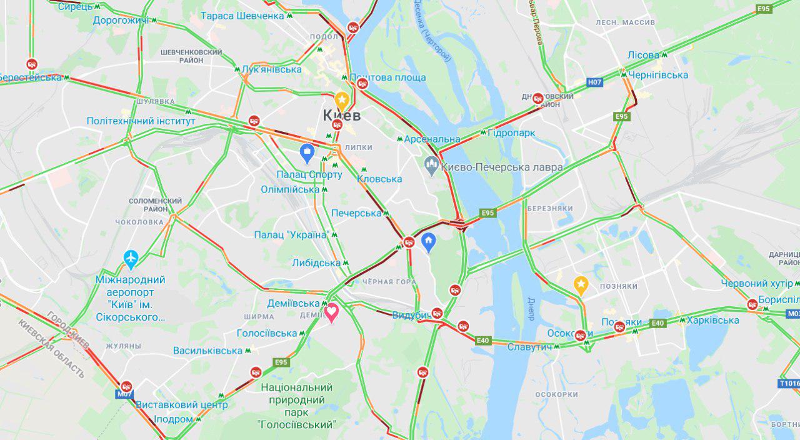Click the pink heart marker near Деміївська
(331, 312)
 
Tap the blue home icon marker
(428, 241)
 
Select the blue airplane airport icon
(131, 257)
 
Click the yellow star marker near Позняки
(581, 285)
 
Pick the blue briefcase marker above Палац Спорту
(307, 151)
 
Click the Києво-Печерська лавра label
(502, 167)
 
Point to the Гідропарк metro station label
(511, 132)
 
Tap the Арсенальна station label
(432, 139)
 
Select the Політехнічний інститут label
(141, 121)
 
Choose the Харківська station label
(712, 321)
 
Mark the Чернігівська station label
(658, 75)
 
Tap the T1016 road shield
(789, 383)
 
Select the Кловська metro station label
(379, 179)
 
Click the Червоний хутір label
(756, 284)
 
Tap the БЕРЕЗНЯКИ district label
(549, 208)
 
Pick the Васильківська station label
(207, 351)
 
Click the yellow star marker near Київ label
(341, 99)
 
